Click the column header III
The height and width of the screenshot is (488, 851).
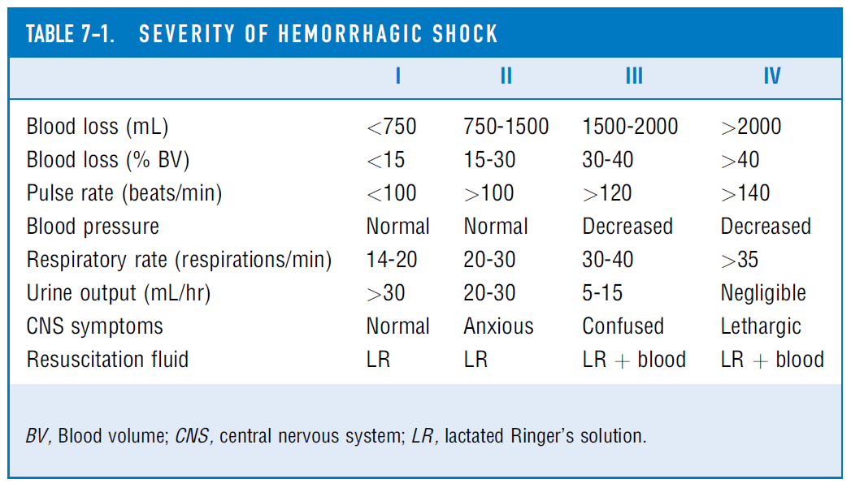(x=634, y=76)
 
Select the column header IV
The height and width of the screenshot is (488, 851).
(x=771, y=76)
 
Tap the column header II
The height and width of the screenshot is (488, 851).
(x=506, y=76)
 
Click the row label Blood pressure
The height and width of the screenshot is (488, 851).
(x=93, y=227)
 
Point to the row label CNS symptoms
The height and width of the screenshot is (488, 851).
(x=94, y=326)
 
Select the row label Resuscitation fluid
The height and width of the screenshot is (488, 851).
(x=107, y=360)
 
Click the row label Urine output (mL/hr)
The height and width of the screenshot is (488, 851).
(x=119, y=293)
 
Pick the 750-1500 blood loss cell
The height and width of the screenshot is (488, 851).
(x=506, y=127)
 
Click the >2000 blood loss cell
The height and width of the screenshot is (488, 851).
(x=751, y=127)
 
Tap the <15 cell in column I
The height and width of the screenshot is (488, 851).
(x=386, y=160)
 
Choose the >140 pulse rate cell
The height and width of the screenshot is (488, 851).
(x=745, y=193)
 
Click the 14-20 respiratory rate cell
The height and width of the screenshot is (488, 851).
(x=393, y=260)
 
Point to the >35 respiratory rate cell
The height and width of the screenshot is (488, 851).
(x=740, y=260)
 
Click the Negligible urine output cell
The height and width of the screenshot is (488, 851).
(x=763, y=293)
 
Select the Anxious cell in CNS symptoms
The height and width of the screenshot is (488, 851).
(x=498, y=326)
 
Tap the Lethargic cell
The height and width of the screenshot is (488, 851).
(x=761, y=326)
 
